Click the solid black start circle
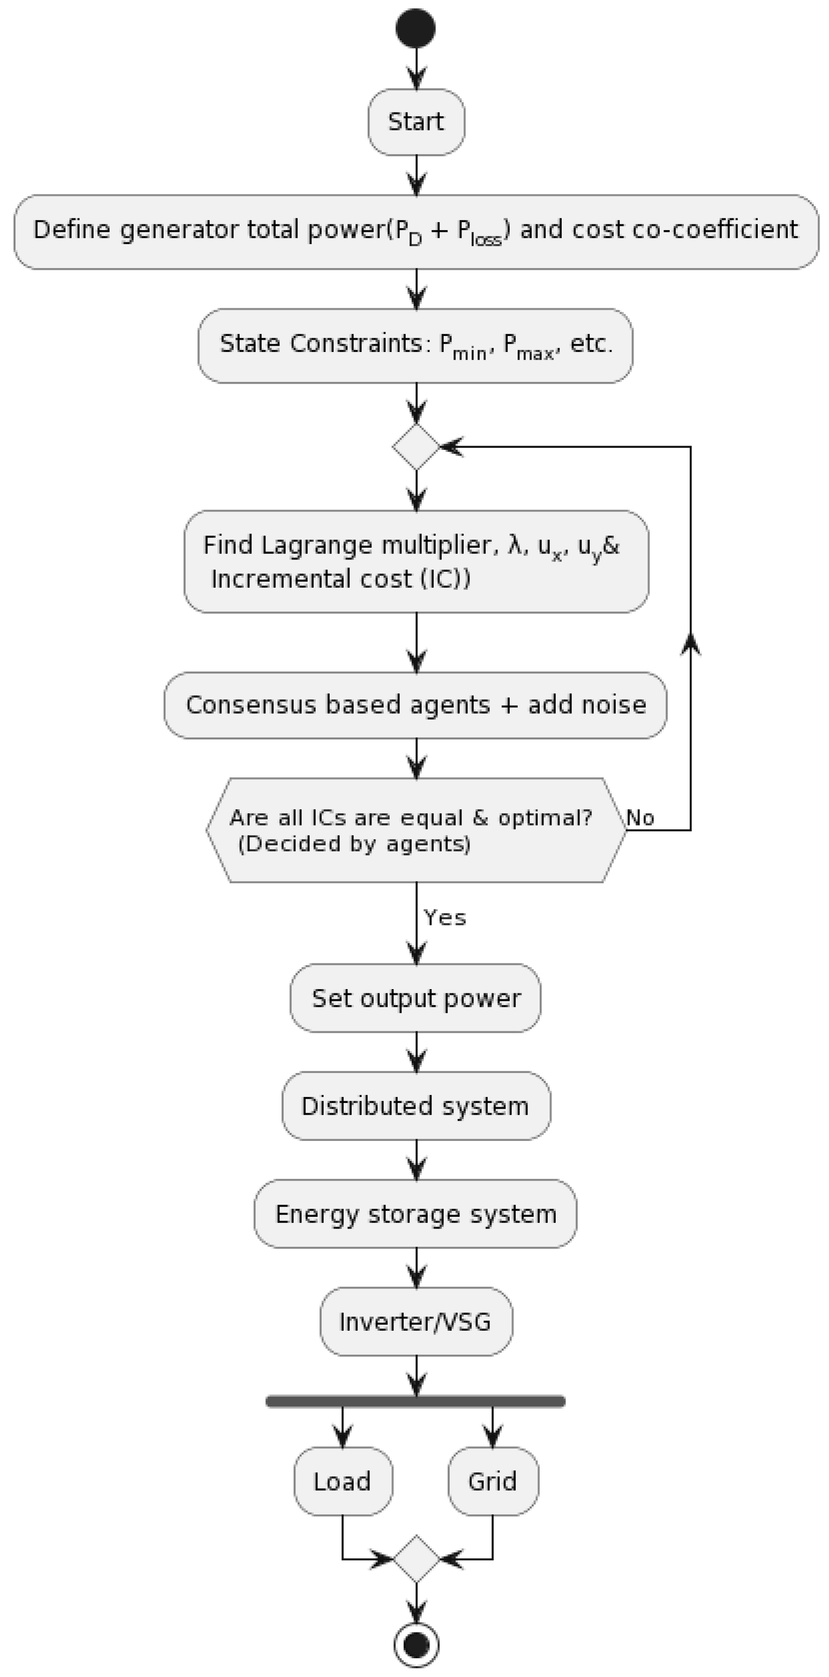pos(415,29)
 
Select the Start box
pos(416,122)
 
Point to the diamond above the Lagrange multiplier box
pos(416,447)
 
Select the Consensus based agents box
pos(415,705)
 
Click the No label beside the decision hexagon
pos(640,818)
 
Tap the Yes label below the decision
pos(445,918)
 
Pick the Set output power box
pos(415,998)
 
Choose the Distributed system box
pos(415,1106)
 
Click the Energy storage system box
pos(415,1214)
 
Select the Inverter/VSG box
pos(415,1322)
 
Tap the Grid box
pos(493,1482)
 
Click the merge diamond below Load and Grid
pos(416,1559)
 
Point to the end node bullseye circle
pos(416,1645)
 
